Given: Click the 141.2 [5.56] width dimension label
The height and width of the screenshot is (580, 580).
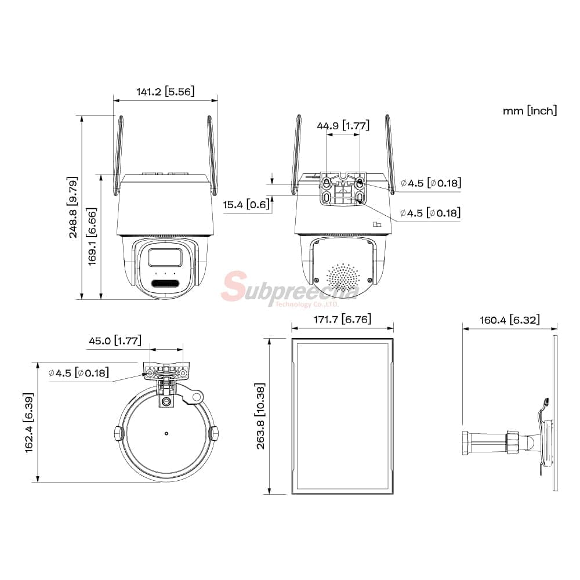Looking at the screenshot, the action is pos(165,92).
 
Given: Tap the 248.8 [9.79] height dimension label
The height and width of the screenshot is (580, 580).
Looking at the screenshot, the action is pos(72,207).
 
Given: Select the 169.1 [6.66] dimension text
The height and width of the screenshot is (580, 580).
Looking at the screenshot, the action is pos(92,237).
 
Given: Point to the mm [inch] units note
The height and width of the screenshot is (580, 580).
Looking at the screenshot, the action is pos(530,111).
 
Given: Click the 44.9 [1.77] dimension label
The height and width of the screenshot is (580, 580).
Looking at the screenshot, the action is pos(343,126).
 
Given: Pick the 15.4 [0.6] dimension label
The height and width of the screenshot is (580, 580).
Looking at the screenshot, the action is pos(246,205).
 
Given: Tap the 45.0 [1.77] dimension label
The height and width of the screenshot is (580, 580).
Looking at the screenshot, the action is pos(115,340).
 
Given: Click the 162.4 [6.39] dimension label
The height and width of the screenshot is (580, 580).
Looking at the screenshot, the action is pos(28,423).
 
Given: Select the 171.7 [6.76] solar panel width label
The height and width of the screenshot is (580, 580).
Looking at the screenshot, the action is pos(343,319).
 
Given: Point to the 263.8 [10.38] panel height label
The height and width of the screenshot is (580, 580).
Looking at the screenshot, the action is pos(260,416).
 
